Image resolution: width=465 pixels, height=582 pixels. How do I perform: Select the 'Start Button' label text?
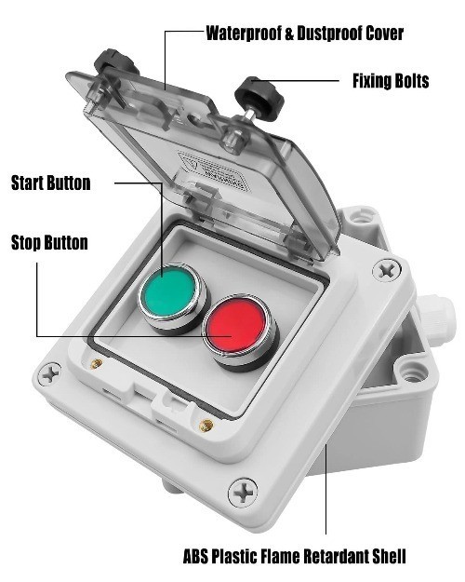point(51,183)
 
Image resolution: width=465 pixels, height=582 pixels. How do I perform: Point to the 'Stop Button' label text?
point(49,242)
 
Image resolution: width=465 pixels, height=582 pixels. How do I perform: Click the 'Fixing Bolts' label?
point(391,81)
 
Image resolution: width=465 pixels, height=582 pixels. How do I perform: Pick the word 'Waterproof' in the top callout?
point(244,34)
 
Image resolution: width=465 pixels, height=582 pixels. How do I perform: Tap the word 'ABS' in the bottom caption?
point(195,556)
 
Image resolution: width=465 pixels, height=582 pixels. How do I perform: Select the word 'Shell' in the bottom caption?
point(390,556)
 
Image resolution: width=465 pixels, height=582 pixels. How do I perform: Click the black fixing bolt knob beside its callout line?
point(259,98)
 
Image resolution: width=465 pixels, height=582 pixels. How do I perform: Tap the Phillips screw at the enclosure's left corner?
point(49,373)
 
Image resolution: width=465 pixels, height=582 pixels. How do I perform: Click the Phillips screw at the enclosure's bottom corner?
point(243,493)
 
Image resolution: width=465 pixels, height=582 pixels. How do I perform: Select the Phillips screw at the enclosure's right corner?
point(387,270)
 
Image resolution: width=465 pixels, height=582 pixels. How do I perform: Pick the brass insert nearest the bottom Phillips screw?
point(206,426)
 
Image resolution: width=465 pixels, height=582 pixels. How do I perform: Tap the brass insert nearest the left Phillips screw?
point(97,363)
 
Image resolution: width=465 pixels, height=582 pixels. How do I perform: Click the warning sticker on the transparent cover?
point(214,171)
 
